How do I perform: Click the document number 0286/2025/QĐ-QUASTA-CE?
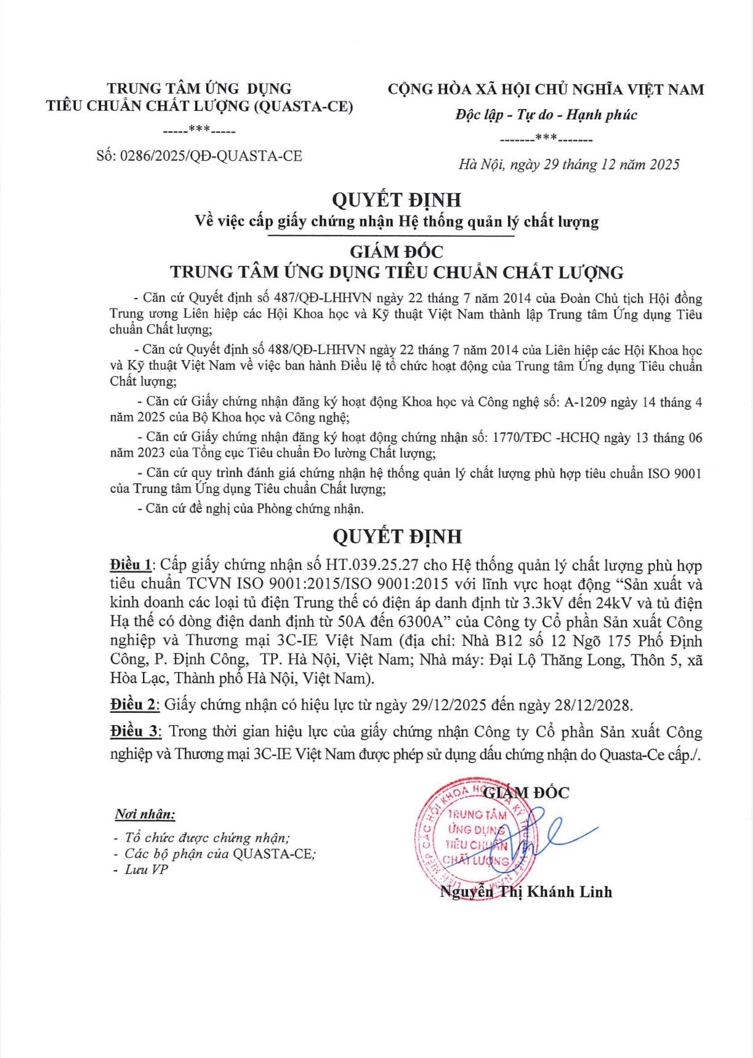click(x=211, y=156)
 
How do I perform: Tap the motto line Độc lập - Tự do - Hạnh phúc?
click(x=546, y=114)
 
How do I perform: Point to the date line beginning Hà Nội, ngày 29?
click(x=569, y=164)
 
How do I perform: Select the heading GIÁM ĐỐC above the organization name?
click(x=397, y=251)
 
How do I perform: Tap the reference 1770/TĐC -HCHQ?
click(x=538, y=438)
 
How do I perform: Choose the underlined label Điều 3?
click(x=135, y=732)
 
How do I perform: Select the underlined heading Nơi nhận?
click(x=145, y=814)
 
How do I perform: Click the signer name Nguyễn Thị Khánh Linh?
click(x=526, y=892)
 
